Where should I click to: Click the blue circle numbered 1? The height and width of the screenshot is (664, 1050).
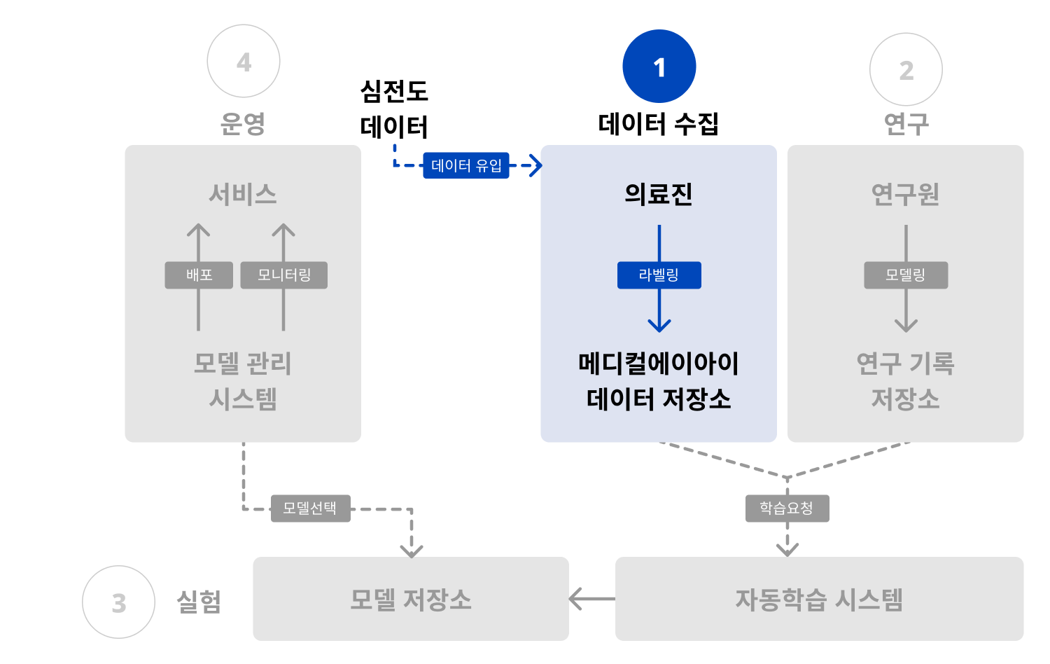click(659, 67)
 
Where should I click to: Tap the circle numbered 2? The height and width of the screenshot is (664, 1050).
click(906, 69)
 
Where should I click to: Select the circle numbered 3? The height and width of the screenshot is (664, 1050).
click(118, 602)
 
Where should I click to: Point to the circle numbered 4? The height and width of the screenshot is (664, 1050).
click(244, 62)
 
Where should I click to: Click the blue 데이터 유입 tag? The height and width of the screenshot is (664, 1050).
click(466, 165)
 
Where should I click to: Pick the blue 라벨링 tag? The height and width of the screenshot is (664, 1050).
click(659, 275)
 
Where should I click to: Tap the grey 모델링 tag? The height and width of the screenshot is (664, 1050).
click(906, 275)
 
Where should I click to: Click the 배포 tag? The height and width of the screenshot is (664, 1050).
click(199, 275)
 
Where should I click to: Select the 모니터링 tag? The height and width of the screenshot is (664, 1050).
click(283, 275)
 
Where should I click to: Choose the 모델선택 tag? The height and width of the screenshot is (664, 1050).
click(310, 509)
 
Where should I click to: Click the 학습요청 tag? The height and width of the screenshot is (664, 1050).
click(787, 509)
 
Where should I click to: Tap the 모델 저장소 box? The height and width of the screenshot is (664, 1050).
click(411, 599)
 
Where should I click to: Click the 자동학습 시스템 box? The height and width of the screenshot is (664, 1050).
click(819, 599)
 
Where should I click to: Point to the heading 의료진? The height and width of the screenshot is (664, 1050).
click(659, 194)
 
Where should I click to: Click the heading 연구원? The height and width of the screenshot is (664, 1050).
click(905, 194)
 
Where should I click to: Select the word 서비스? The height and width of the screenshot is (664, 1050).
click(243, 194)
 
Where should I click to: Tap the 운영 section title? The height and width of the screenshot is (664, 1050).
click(243, 123)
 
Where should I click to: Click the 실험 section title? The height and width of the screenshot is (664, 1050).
click(199, 601)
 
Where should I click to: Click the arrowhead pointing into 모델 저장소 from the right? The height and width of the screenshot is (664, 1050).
click(576, 599)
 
